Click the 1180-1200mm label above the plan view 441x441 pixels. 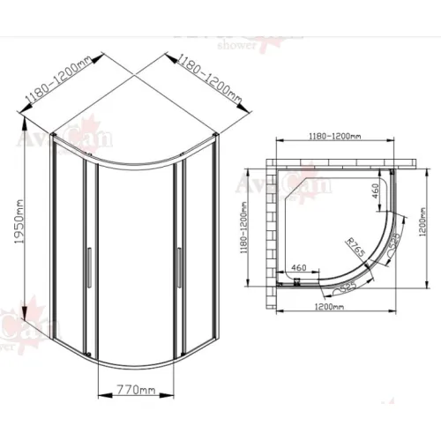click(x=333, y=137)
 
